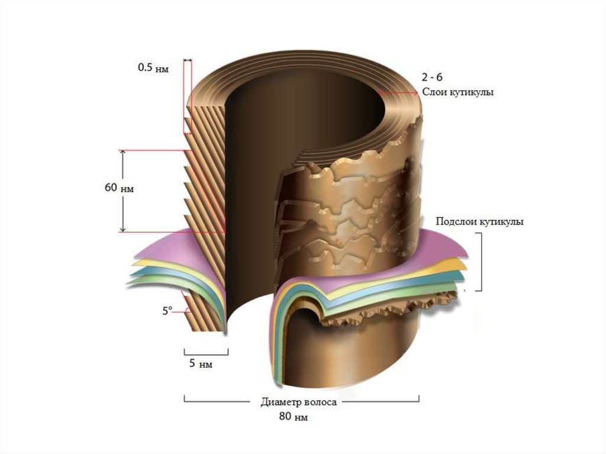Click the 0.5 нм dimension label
(153, 68)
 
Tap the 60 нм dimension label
(119, 189)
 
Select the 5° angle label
(167, 310)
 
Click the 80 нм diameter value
(294, 417)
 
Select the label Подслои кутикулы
(479, 222)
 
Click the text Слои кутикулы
(457, 92)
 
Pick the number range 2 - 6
(433, 78)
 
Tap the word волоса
(320, 402)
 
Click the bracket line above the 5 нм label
(206, 351)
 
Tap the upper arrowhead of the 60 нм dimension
(123, 153)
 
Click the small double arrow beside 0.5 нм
(188, 60)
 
